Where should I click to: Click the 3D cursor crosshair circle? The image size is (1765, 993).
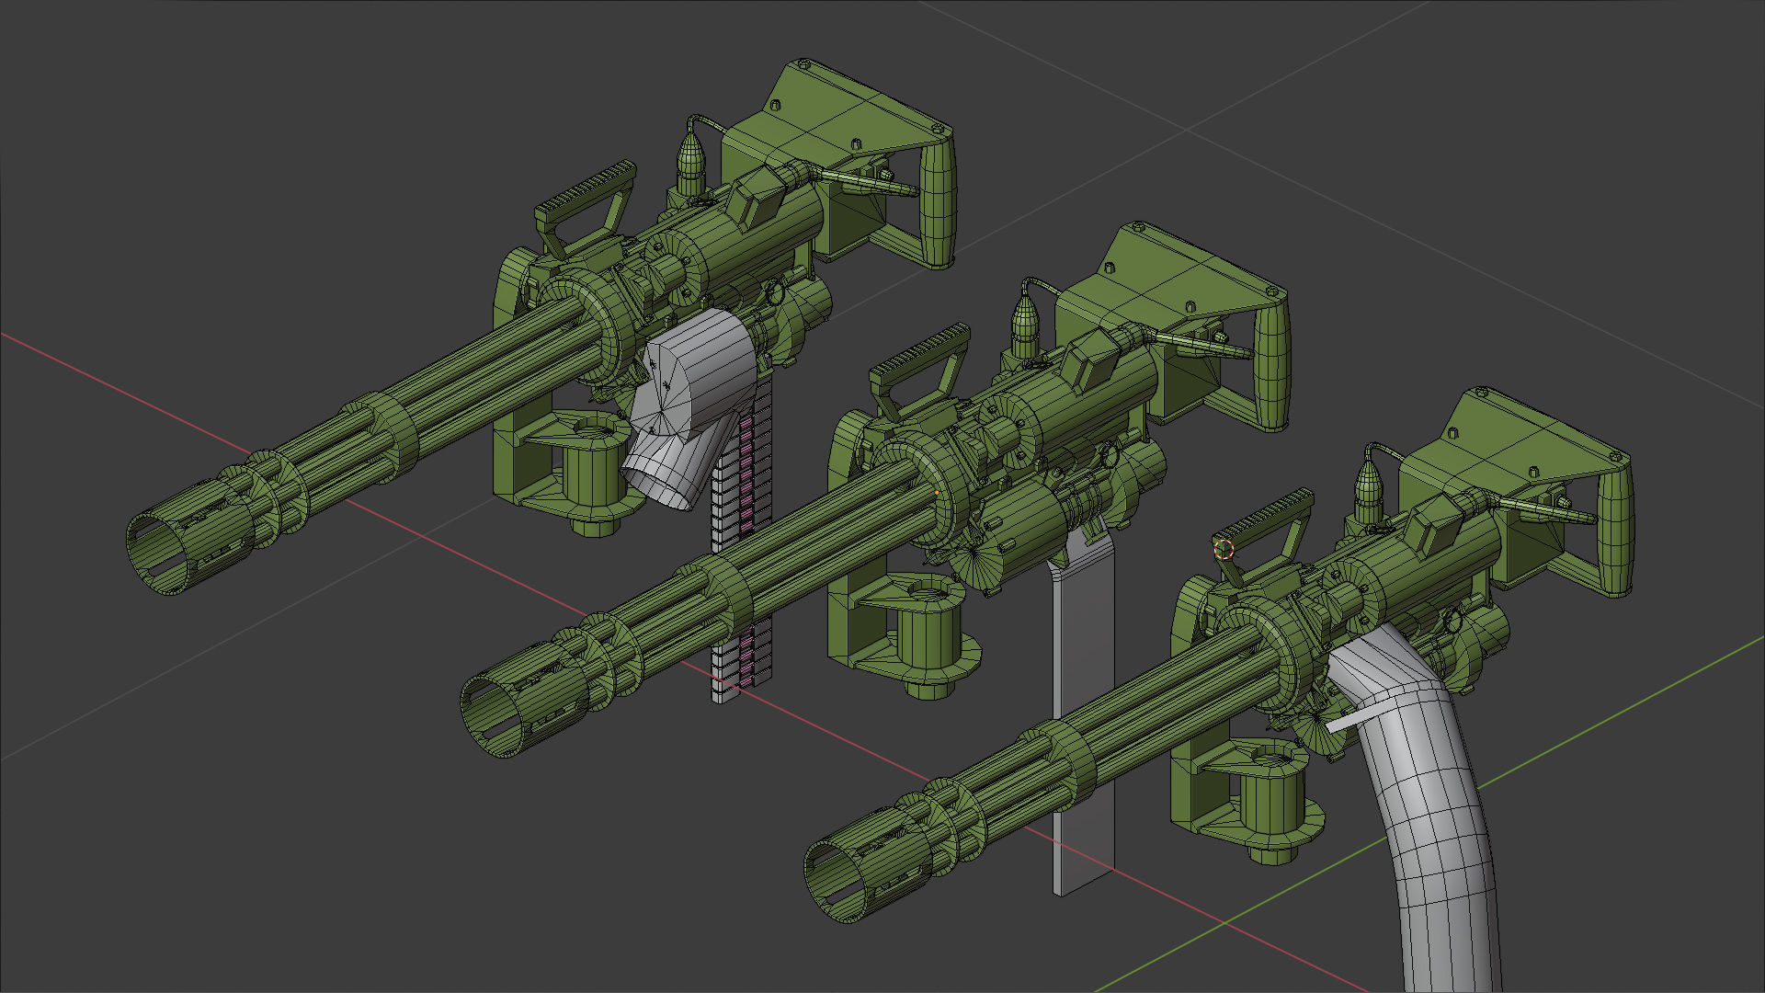pos(1224,549)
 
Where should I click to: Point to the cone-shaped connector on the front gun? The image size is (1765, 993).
pos(1369,482)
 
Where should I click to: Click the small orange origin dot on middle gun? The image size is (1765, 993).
pos(937,493)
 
